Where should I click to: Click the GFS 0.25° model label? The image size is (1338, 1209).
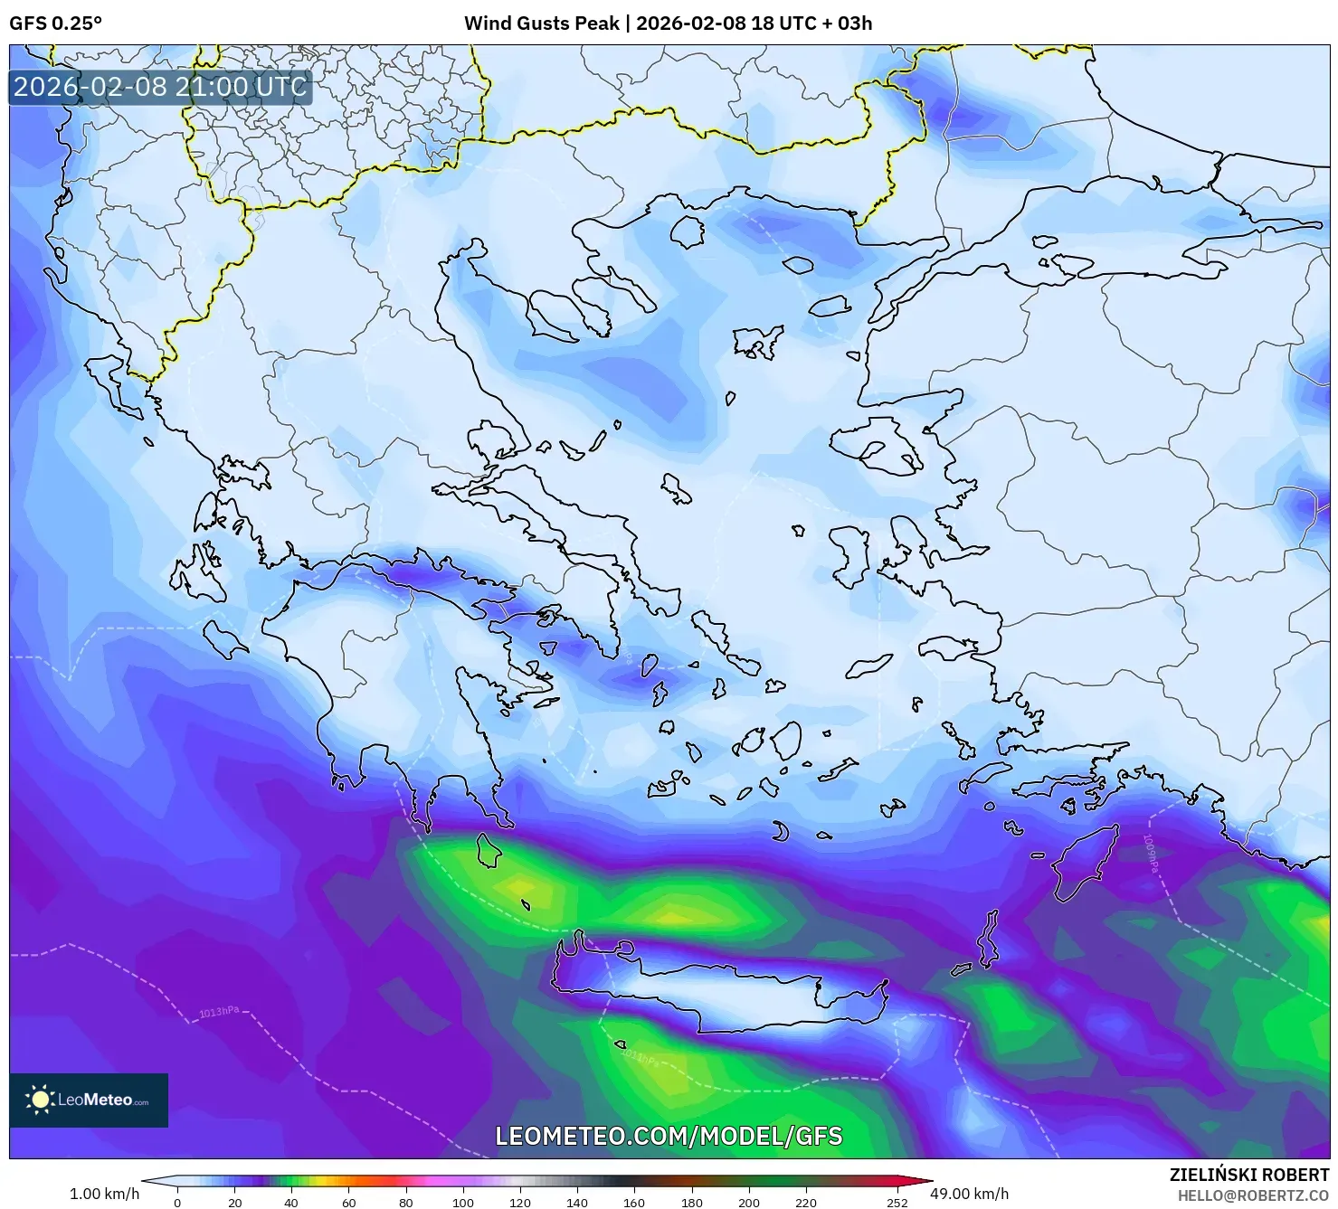[x=55, y=24]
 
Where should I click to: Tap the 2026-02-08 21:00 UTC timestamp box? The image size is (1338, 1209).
[x=160, y=87]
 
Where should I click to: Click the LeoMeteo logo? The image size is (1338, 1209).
[x=89, y=1100]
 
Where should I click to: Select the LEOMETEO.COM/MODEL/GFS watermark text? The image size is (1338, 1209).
[x=669, y=1136]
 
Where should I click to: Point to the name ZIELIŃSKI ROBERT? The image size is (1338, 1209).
[x=1249, y=1176]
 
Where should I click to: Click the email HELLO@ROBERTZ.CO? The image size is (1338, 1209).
[x=1253, y=1195]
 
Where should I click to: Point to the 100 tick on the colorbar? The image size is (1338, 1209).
[x=462, y=1203]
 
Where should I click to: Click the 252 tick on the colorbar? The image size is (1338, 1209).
[x=897, y=1203]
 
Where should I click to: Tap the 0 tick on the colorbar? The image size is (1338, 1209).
[x=177, y=1203]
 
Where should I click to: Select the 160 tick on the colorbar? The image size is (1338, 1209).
[x=634, y=1203]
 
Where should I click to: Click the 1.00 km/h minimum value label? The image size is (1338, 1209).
[x=104, y=1194]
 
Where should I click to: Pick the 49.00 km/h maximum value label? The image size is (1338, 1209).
[x=969, y=1194]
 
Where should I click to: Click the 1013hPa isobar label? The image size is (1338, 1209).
[x=219, y=1012]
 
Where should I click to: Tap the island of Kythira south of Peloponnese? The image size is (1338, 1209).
[x=489, y=850]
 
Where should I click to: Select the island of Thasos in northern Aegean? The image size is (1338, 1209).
[x=687, y=231]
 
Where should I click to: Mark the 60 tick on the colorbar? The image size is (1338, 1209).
[x=348, y=1203]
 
